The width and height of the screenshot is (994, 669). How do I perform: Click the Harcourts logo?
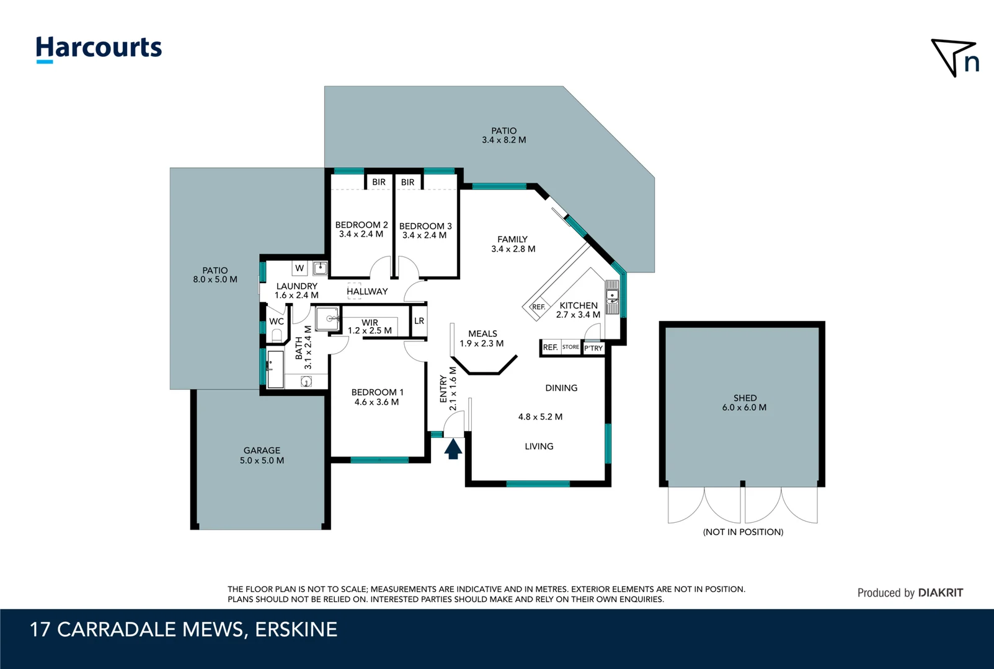click(x=99, y=49)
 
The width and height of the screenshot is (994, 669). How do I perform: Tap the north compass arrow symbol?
click(x=954, y=57)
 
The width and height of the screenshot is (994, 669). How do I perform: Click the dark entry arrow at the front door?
click(x=453, y=449)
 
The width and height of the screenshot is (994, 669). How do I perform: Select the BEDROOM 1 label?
click(x=377, y=396)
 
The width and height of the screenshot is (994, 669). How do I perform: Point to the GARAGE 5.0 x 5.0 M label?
click(x=262, y=455)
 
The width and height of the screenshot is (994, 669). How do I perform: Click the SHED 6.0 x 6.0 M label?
click(x=744, y=403)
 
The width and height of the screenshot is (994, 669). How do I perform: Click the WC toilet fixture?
click(x=277, y=335)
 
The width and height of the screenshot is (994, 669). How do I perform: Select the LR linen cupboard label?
click(x=419, y=321)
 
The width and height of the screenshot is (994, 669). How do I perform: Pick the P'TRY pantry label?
click(x=593, y=348)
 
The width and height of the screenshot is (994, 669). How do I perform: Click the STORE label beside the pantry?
click(x=570, y=347)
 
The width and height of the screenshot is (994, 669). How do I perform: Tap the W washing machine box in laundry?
click(x=300, y=268)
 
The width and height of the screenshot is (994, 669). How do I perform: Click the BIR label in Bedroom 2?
click(x=379, y=182)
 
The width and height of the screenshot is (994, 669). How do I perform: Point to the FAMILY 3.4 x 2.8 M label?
click(x=513, y=244)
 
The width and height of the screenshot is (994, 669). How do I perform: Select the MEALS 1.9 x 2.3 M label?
click(x=482, y=338)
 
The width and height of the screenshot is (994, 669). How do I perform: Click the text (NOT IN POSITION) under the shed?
click(x=743, y=532)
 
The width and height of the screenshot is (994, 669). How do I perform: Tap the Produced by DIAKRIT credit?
click(x=910, y=593)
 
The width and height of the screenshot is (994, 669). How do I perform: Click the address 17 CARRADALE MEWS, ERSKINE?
click(x=184, y=629)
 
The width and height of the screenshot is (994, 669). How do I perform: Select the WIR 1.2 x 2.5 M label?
click(x=370, y=326)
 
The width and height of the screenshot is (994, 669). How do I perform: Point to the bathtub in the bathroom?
click(x=274, y=369)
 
